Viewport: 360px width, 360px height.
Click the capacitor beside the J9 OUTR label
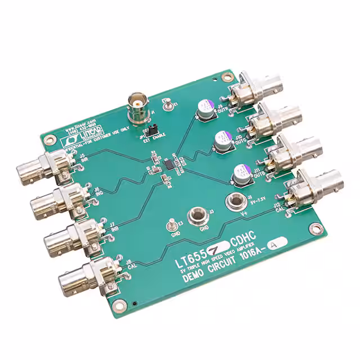pos(204,110)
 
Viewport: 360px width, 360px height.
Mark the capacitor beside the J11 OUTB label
pos(241,172)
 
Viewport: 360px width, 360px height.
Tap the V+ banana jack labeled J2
pos(233,200)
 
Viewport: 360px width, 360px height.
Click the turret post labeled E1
pos(166,103)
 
